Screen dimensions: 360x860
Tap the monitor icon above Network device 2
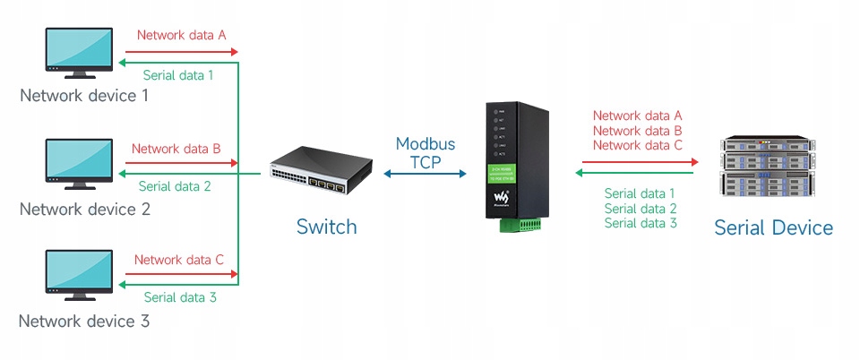(x=79, y=163)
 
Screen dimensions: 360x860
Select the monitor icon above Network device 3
(x=79, y=275)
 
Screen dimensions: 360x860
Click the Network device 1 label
(x=84, y=96)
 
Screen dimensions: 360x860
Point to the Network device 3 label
(x=84, y=321)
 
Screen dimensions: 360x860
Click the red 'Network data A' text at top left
(x=181, y=35)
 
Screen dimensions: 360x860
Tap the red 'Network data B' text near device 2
(x=176, y=149)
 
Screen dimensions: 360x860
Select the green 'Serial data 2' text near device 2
(x=175, y=187)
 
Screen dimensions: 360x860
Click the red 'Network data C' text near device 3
(x=179, y=260)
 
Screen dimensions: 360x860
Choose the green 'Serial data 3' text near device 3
(x=180, y=298)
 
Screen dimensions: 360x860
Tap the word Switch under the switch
(x=326, y=227)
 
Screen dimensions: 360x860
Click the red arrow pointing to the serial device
(x=637, y=162)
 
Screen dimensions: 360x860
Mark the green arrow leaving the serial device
(x=637, y=172)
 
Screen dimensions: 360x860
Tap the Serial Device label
(x=773, y=227)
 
